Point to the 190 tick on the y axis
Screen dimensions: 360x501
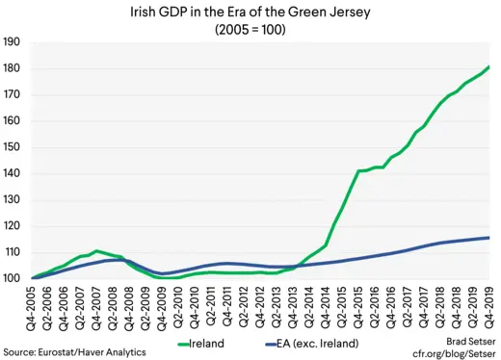pos(13,42)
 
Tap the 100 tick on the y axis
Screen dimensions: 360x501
pos(13,278)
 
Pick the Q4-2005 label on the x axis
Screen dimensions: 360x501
pos(35,310)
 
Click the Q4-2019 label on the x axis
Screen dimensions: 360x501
pos(488,310)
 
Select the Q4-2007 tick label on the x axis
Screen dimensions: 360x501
pos(99,310)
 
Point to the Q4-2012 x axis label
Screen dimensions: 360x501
pos(261,310)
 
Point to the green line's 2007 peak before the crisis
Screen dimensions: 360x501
pos(97,250)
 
